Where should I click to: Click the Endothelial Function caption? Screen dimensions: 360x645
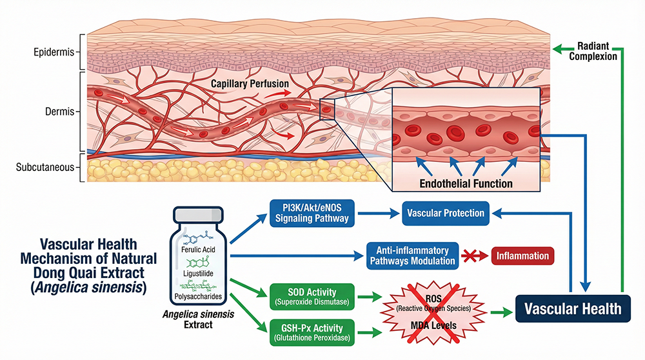click(x=466, y=184)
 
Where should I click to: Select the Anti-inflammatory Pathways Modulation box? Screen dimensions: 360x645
click(x=412, y=255)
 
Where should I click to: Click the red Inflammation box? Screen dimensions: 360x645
click(x=522, y=256)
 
